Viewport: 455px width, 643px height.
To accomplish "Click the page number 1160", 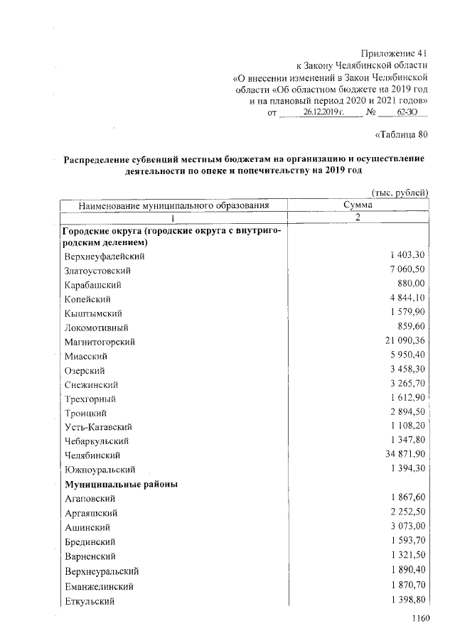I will coord(421,618).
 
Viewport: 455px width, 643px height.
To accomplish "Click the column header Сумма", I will coord(357,205).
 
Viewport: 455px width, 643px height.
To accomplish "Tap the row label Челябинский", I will coord(92,455).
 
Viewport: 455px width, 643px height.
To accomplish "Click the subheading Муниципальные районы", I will coord(120,484).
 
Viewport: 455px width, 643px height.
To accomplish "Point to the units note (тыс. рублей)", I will coord(400,193).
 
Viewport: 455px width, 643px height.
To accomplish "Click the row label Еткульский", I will coord(91,602).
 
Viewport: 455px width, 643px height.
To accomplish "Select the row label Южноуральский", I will coord(100,470).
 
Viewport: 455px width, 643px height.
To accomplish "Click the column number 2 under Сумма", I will coord(357,217).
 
